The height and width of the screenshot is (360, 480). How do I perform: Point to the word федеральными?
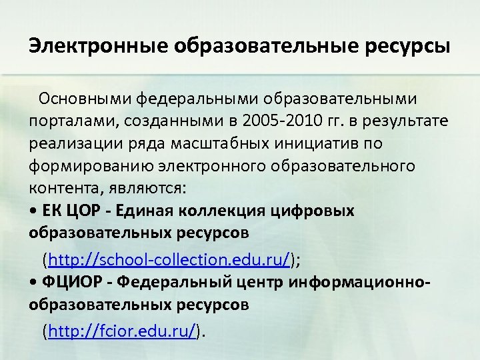[200, 99]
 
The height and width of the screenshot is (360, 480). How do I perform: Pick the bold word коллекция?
[227, 211]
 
